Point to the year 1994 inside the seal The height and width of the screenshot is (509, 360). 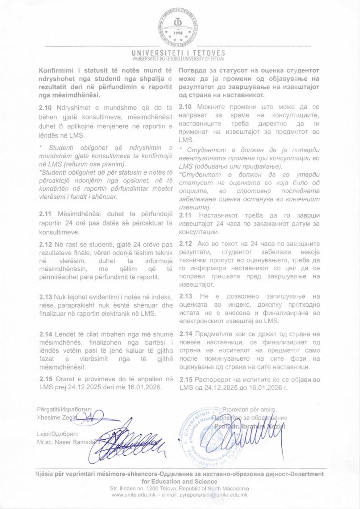(x=179, y=33)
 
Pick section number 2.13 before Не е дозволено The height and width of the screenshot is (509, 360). (x=186, y=296)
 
